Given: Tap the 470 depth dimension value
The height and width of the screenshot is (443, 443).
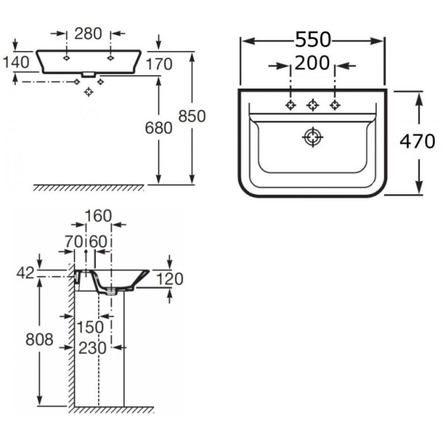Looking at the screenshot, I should (418, 142).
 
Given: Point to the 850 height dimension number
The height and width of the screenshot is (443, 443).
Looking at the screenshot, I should (191, 117).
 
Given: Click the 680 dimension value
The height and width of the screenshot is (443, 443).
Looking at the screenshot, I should (158, 128).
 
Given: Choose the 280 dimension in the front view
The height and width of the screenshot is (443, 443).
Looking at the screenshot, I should (88, 33).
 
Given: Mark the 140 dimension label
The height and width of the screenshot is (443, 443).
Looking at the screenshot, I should (16, 61).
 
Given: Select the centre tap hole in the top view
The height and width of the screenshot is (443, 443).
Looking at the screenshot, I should (313, 105).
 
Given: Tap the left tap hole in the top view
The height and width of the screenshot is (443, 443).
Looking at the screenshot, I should (291, 105).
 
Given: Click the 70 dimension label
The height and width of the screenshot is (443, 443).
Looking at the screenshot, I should (74, 241).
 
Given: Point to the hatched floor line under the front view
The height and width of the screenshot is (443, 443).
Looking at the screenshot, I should (89, 188).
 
